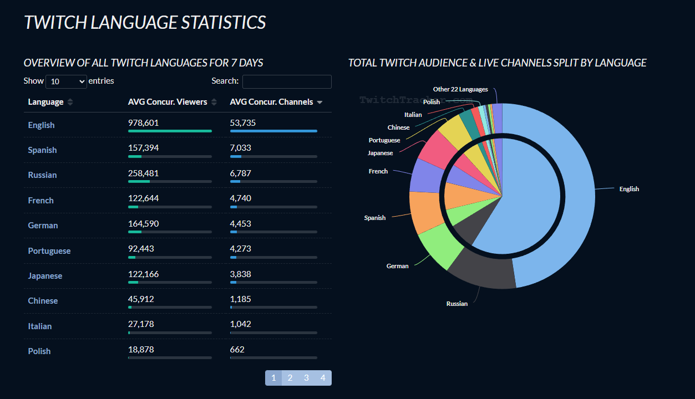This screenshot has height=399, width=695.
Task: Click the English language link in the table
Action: [x=42, y=125]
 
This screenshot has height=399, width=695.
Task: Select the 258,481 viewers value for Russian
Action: [x=143, y=173]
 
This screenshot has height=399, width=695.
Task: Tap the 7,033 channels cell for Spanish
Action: [x=241, y=148]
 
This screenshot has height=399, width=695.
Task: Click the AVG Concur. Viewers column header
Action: [x=168, y=102]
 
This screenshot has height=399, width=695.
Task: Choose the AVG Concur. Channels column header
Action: [x=271, y=102]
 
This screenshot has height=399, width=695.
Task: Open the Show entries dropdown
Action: [x=66, y=81]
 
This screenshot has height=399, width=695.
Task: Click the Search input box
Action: [x=287, y=81]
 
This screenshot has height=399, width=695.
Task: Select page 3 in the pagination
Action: [x=306, y=378]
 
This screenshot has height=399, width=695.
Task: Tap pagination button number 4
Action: [x=323, y=378]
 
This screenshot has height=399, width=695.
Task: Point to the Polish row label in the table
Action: [x=39, y=351]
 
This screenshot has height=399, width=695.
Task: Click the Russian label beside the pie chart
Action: [x=457, y=304]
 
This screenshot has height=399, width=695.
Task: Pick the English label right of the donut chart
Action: [x=629, y=189]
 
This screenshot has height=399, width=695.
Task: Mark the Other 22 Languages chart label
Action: [x=460, y=89]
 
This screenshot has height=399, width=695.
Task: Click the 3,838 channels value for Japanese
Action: [x=241, y=274]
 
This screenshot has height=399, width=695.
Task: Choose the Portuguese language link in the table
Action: [x=49, y=251]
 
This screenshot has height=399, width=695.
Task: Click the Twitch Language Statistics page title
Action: [x=145, y=23]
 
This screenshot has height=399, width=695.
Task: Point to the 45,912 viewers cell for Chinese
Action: [x=141, y=299]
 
